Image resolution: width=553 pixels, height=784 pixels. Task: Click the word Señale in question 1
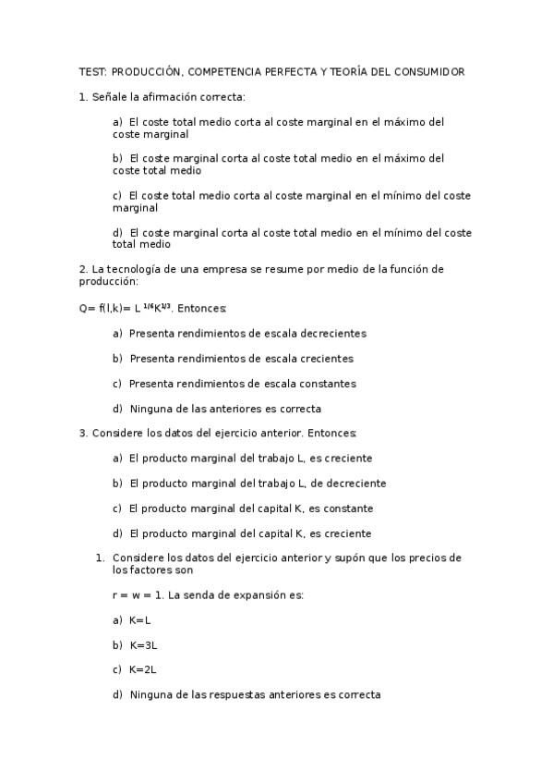[113, 96]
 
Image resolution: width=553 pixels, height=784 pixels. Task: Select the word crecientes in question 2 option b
[322, 358]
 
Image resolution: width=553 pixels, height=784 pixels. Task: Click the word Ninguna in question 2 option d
[150, 408]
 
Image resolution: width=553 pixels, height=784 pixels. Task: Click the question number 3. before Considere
[83, 433]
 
